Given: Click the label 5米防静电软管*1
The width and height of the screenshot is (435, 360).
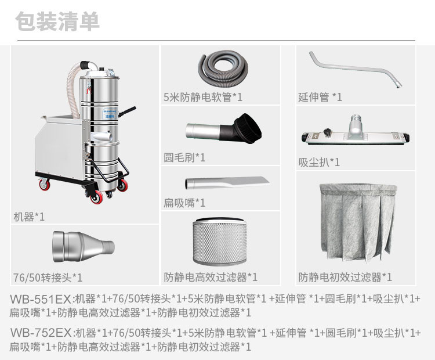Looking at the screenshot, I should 203,96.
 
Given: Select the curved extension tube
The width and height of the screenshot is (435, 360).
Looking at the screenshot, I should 354,69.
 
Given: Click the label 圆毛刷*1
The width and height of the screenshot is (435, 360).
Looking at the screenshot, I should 184,157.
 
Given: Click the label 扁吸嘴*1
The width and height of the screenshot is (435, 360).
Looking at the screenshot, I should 184,203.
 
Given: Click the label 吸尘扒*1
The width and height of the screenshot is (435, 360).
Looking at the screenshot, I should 319,162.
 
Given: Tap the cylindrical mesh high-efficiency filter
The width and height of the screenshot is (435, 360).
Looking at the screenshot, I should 220,242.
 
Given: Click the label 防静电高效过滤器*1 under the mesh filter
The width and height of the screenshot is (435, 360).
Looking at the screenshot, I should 211,277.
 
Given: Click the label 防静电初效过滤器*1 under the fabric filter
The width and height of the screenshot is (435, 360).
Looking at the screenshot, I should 345,277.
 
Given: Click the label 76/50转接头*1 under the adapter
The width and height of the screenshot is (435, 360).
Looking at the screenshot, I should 48,277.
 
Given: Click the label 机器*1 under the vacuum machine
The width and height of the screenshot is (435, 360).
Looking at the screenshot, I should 29,217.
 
